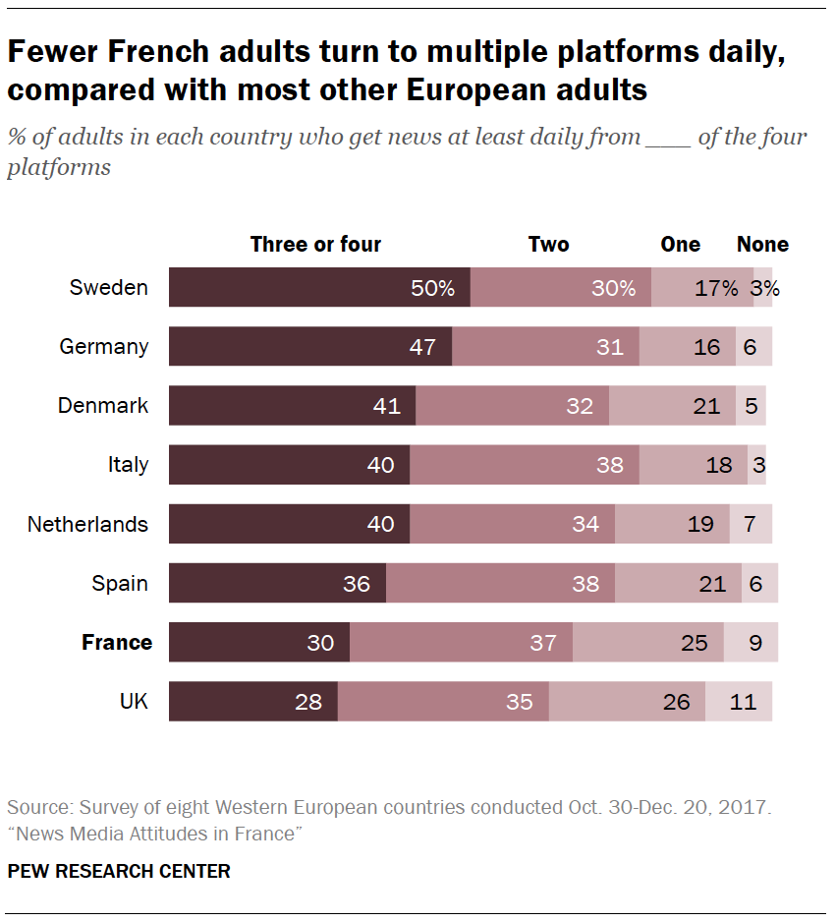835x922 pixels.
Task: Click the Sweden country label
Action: click(108, 288)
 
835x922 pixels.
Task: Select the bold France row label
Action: click(116, 643)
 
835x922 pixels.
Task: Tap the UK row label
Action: click(134, 702)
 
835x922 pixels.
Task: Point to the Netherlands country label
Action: click(87, 525)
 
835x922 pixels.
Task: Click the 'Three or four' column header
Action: click(315, 245)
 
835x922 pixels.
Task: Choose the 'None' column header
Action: click(762, 245)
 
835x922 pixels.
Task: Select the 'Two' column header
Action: click(548, 245)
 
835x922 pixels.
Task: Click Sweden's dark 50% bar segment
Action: click(319, 288)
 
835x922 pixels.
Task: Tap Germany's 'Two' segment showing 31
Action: click(545, 347)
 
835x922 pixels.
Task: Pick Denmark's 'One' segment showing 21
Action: click(672, 406)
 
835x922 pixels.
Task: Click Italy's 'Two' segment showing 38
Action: click(525, 465)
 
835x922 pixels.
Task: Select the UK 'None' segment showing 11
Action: click(739, 702)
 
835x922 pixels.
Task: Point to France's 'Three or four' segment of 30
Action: click(259, 643)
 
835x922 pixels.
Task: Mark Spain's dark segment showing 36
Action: click(277, 584)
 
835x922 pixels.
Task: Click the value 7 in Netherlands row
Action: click(750, 525)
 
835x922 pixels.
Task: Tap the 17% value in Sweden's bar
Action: click(715, 288)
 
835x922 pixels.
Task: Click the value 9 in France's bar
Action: click(755, 643)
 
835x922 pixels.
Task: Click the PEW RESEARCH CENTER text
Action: click(119, 871)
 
